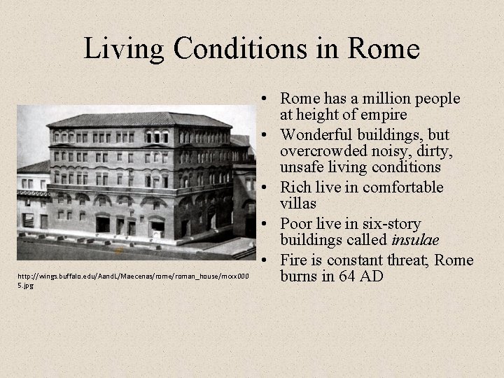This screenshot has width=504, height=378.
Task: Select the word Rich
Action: coord(295,188)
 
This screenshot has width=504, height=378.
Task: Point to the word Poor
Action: coord(297,224)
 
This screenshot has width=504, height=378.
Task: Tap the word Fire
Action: coord(295,260)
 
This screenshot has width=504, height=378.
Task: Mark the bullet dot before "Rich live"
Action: coord(269,188)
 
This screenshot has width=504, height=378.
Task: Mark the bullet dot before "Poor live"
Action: coord(269,224)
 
